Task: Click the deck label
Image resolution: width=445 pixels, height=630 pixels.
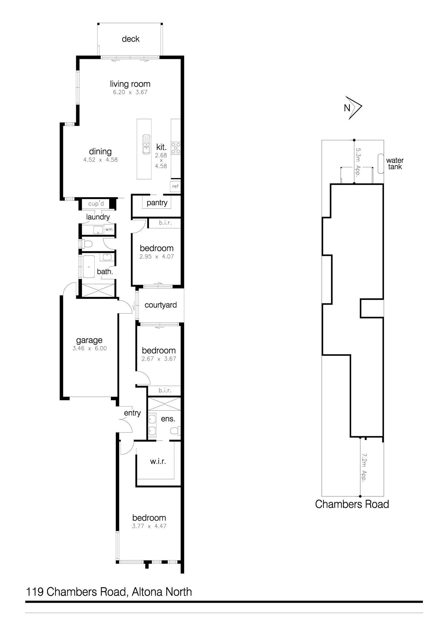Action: coord(131,39)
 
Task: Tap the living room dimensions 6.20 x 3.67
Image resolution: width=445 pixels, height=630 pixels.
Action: coord(130,92)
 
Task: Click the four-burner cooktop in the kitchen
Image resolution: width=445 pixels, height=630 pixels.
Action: coord(176,149)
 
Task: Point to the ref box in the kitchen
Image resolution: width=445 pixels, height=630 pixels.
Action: coord(175,186)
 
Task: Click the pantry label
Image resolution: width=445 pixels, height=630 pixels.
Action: coord(157,203)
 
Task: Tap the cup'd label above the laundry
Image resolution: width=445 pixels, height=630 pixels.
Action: coord(96,204)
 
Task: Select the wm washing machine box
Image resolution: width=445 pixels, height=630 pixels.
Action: coord(109,230)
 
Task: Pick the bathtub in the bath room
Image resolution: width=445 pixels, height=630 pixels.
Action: coord(89,266)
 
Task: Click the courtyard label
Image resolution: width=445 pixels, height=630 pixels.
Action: coord(161,305)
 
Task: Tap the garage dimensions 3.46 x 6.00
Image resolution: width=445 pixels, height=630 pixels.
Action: coord(89,348)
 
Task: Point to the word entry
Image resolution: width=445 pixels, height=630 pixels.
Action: coord(132,413)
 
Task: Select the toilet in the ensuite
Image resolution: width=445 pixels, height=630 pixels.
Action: coord(176,430)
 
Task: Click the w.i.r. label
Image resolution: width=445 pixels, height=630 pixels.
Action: coord(158,462)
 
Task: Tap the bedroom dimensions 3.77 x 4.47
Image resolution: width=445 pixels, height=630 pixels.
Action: coord(149,526)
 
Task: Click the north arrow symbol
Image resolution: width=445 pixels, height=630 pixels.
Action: coord(353,108)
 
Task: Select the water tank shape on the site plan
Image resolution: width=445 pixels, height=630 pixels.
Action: coord(381,164)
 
